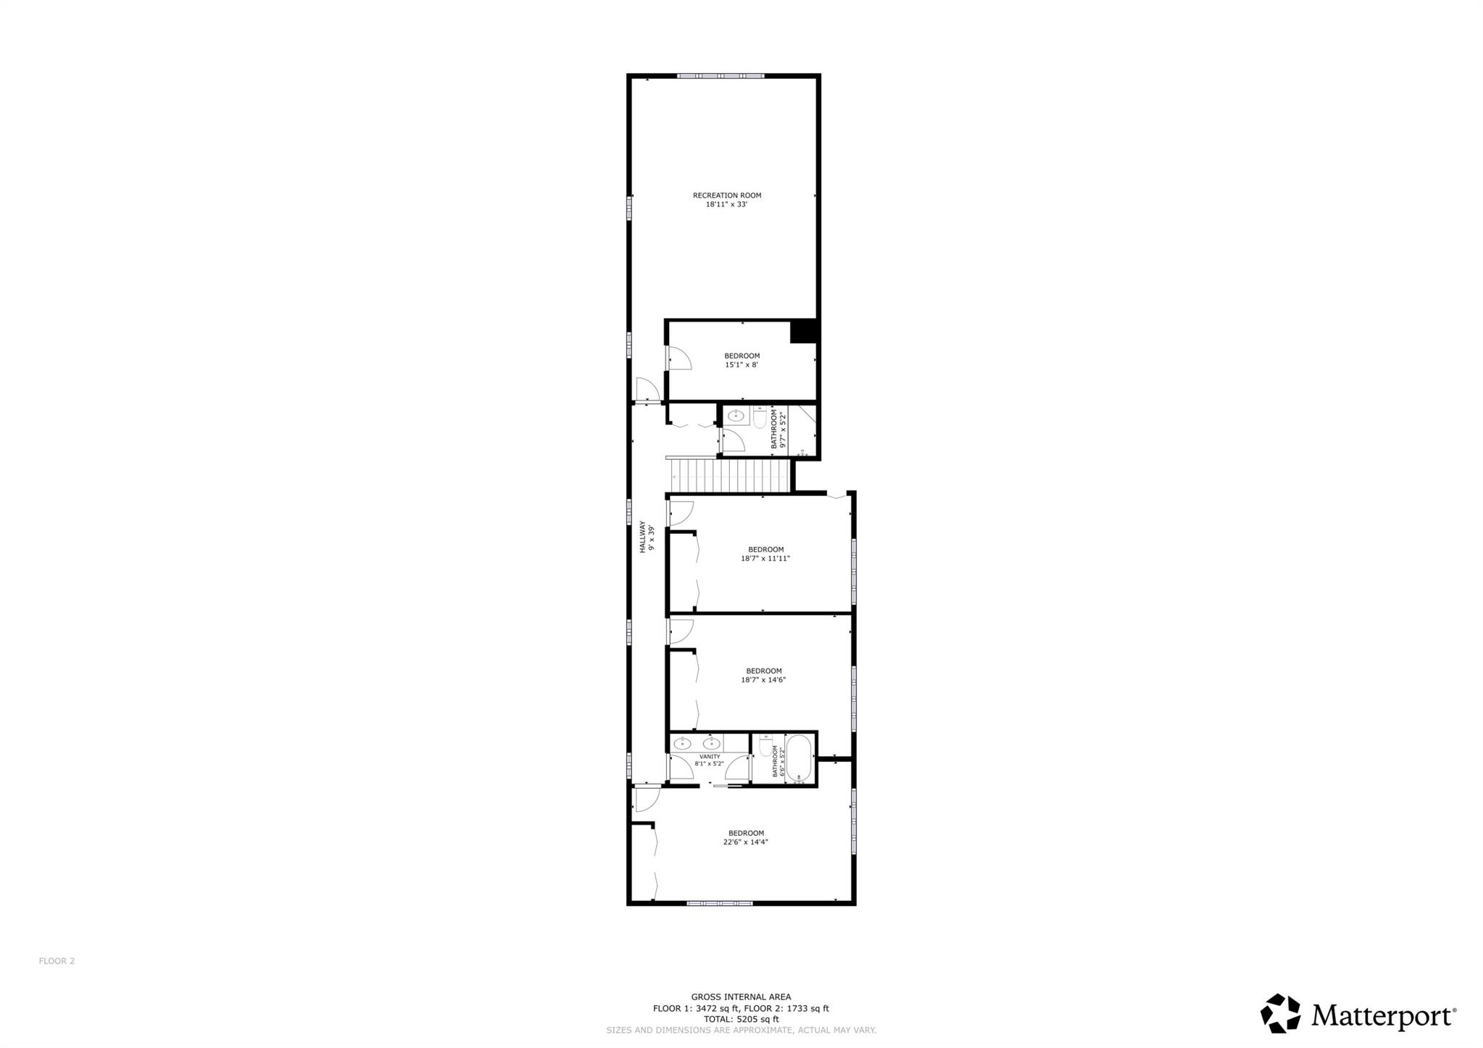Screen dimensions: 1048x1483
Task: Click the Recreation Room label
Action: [x=727, y=195]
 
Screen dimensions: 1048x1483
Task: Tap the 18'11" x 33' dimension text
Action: [x=727, y=204]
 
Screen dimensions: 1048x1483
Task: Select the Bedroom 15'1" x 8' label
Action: [x=742, y=360]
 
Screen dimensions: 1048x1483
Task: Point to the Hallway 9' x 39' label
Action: [x=647, y=537]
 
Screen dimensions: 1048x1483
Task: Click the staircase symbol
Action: [x=731, y=477]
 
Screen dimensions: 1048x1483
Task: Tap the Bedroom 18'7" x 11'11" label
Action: [x=765, y=554]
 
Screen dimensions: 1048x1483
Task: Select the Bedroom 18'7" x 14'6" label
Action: [x=764, y=675]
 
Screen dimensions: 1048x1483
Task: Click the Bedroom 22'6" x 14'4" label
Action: [x=746, y=837]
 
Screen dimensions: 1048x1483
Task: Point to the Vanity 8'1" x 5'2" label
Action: [x=710, y=760]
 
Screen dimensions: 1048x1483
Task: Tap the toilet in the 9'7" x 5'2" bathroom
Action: [x=760, y=418]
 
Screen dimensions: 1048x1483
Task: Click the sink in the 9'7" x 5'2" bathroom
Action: [x=736, y=416]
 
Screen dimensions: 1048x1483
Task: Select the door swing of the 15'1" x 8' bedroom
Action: [x=679, y=358]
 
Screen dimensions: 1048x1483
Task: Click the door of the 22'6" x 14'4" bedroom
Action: [x=646, y=800]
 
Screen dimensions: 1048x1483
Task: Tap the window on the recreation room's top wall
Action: [x=721, y=75]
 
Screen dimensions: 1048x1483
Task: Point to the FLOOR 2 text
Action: [x=56, y=961]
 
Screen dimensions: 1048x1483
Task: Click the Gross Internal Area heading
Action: [x=741, y=997]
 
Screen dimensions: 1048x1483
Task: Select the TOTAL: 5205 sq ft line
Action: [x=741, y=1019]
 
